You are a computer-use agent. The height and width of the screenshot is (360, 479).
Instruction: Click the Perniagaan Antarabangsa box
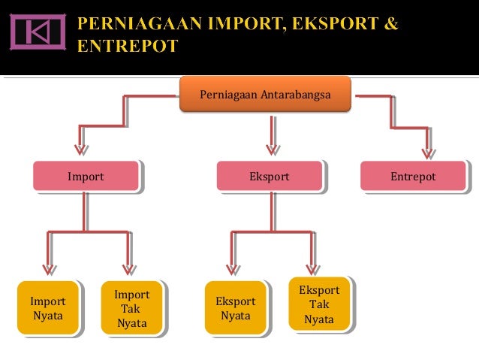(265, 94)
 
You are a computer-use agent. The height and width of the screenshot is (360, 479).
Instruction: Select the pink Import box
(86, 177)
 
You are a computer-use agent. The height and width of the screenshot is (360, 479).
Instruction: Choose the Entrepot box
(413, 177)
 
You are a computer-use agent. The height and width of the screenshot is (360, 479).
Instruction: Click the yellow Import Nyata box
(47, 308)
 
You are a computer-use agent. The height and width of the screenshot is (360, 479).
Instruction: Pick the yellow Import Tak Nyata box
(131, 309)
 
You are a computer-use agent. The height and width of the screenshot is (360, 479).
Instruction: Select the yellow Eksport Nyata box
(235, 308)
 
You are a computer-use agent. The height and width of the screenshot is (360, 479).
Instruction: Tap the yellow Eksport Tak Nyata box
(319, 304)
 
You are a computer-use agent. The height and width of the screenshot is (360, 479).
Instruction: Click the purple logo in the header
(37, 31)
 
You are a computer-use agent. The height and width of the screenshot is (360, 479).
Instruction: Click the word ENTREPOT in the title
(127, 47)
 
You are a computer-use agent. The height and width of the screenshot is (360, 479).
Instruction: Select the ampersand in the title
(390, 23)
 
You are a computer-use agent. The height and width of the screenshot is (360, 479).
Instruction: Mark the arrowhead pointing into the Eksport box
(273, 150)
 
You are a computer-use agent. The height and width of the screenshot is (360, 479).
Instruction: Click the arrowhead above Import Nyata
(50, 268)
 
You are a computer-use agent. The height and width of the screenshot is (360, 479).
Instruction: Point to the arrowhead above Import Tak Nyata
(129, 268)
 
